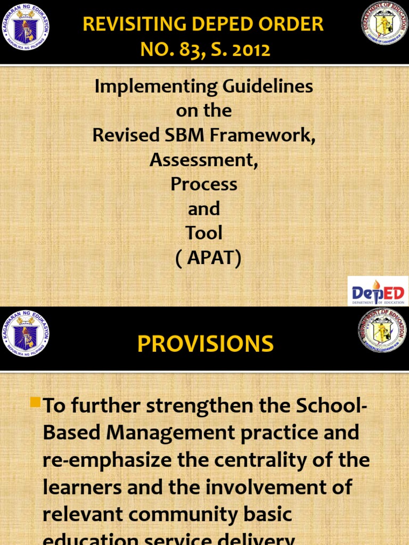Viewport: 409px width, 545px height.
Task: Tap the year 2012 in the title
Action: coord(250,50)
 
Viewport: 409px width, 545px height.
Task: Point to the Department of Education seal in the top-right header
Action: coord(385,23)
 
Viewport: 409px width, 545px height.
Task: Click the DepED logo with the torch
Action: coord(378,291)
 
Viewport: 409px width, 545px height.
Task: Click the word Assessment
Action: coord(204,160)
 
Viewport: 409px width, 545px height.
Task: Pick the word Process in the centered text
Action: coord(204,184)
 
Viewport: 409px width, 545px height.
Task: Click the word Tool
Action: coord(204,233)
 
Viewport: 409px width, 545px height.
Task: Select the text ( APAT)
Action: coord(208,258)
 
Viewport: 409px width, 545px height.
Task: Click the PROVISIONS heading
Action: coord(205,344)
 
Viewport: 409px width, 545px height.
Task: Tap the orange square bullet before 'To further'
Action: coord(36,403)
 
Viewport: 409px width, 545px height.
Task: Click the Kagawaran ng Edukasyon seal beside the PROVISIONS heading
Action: coord(26,334)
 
